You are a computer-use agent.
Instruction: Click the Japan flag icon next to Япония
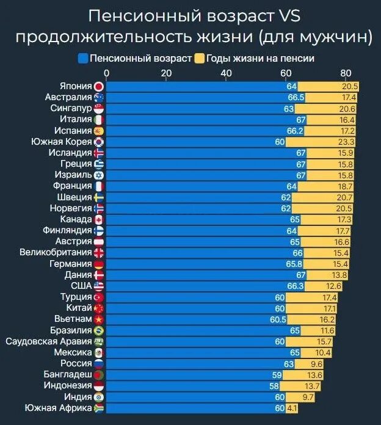tap(100, 87)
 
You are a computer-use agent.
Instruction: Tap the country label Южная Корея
tap(61, 142)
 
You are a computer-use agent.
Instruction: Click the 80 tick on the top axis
tap(346, 73)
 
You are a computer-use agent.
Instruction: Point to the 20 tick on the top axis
tap(166, 73)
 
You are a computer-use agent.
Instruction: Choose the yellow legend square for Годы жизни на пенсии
tap(199, 59)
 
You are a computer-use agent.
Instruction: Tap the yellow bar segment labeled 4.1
tap(292, 408)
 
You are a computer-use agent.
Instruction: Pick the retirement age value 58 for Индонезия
tap(274, 386)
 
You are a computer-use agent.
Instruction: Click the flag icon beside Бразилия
tap(100, 330)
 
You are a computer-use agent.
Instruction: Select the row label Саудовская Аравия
tap(48, 341)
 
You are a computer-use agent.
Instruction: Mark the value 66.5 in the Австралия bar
tap(296, 98)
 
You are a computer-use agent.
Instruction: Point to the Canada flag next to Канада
tap(100, 219)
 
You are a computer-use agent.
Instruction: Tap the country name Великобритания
tap(56, 253)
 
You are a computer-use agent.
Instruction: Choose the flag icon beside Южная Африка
tap(100, 408)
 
